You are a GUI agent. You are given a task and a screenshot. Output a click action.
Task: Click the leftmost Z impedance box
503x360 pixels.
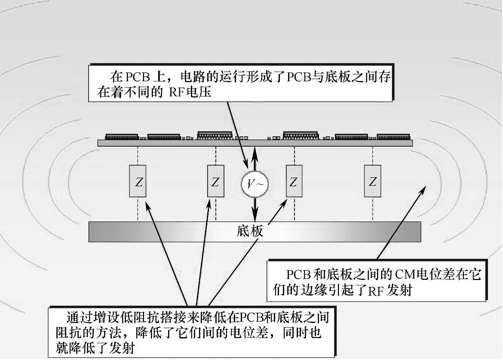pos(138,181)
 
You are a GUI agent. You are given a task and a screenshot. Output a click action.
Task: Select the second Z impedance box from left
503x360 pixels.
pos(215,181)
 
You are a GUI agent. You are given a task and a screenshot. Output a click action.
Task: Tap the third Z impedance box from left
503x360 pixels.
pos(294,181)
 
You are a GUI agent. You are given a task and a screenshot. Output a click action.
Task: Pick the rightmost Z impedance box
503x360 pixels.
pos(372,181)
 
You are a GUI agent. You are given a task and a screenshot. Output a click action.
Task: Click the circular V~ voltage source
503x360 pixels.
pos(255,184)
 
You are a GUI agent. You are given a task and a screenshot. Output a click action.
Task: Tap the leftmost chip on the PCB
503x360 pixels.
pos(122,136)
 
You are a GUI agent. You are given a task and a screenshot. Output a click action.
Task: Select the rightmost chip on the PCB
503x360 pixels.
pos(393,136)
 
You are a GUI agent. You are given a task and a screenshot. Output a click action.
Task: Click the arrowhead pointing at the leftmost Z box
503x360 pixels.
pos(148,206)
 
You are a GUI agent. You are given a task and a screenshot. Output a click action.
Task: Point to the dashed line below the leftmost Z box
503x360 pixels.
pos(138,209)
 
